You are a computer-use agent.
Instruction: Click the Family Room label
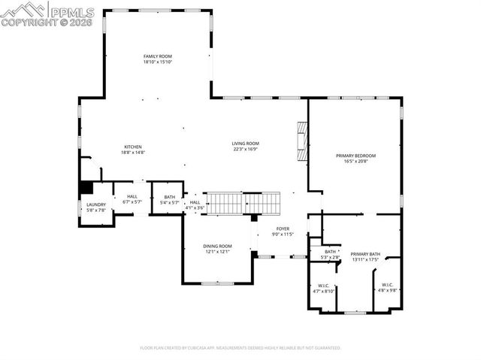(x=158, y=56)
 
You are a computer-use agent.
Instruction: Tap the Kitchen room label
(x=133, y=147)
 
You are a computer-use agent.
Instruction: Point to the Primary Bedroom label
(x=355, y=156)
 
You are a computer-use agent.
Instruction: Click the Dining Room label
(x=217, y=246)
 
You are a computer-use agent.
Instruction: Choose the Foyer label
(x=283, y=228)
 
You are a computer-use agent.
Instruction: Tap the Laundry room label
(x=96, y=204)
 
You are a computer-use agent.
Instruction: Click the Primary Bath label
(x=365, y=254)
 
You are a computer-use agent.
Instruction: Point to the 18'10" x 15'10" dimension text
(x=158, y=62)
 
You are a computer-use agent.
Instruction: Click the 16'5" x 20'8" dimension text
(x=355, y=161)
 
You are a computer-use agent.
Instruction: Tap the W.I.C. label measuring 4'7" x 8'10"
(x=323, y=286)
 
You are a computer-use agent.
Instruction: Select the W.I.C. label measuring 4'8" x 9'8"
(x=387, y=285)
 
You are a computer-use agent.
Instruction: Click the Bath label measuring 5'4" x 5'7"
(x=169, y=197)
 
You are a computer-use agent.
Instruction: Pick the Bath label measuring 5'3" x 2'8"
(x=331, y=252)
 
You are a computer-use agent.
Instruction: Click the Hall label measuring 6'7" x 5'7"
(x=132, y=197)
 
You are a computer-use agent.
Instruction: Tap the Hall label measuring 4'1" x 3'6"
(x=195, y=202)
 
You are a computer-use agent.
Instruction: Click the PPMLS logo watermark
(x=48, y=14)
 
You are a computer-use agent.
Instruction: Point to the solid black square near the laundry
(x=87, y=187)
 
